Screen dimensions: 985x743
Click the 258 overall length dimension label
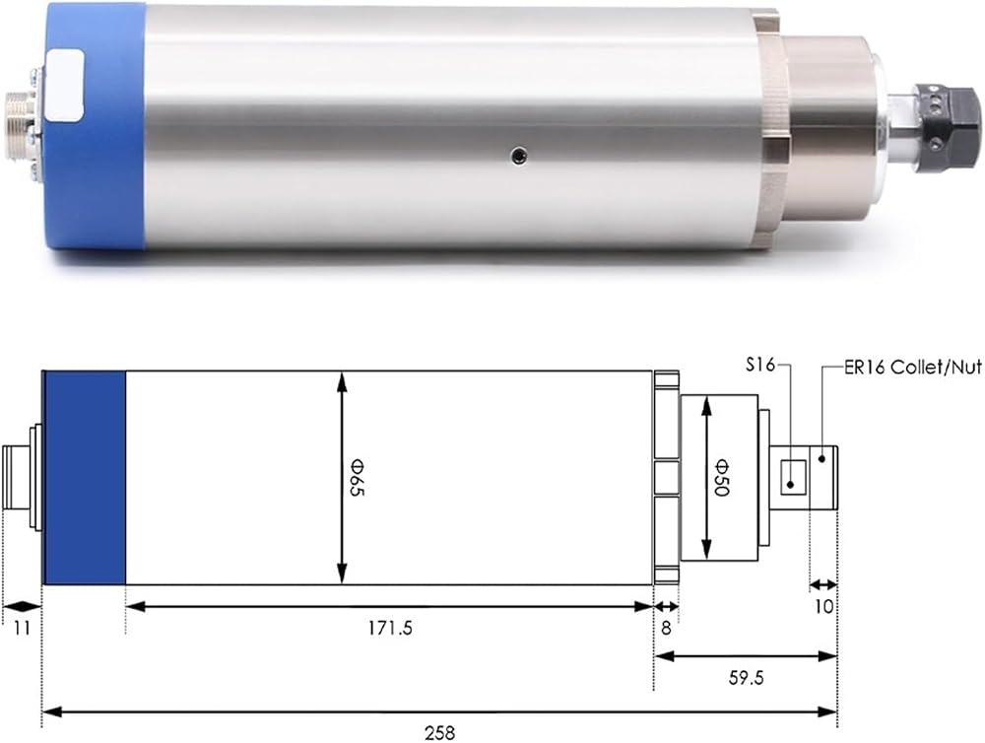click(439, 733)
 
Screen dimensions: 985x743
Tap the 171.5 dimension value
click(390, 628)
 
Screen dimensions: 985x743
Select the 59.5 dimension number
click(747, 678)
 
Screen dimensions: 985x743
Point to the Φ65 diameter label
click(357, 478)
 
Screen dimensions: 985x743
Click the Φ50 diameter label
click(722, 478)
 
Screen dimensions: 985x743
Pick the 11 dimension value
click(22, 628)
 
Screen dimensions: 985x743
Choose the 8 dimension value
click(667, 628)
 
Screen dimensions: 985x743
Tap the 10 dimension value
click(823, 607)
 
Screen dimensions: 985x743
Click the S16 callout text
click(760, 365)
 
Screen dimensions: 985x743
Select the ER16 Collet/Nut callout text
click(913, 368)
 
